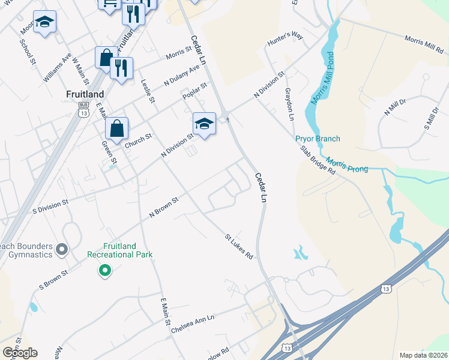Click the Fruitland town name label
click(85, 94)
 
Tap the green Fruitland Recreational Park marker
click(105, 271)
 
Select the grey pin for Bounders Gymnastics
click(61, 248)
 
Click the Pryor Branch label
click(318, 139)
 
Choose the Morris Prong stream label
click(348, 166)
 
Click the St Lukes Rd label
click(239, 246)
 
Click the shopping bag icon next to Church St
click(116, 128)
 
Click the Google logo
click(20, 352)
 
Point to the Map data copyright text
click(423, 355)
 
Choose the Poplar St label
click(194, 92)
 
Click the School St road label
click(28, 52)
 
